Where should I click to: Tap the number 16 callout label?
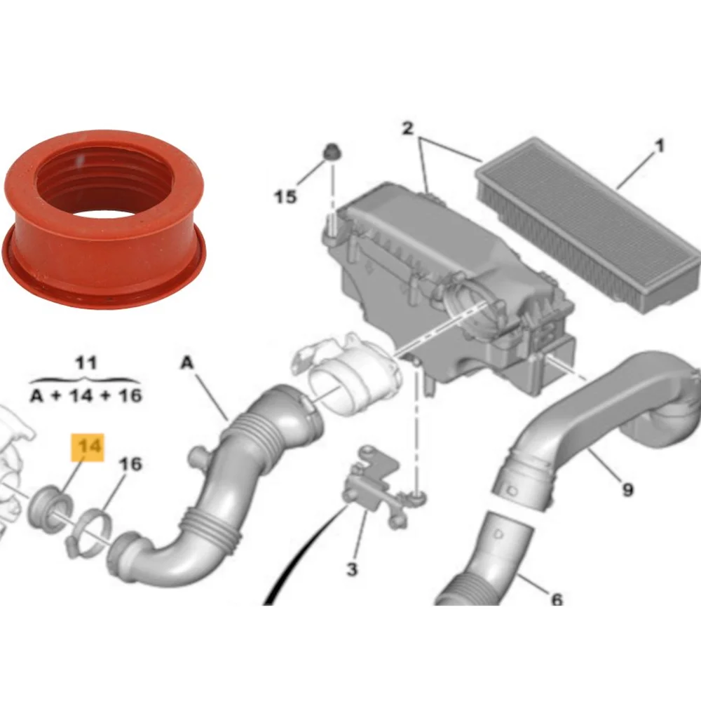point(130,463)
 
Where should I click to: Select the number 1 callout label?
point(659,147)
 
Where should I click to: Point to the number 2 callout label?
point(408,129)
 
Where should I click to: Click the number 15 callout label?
point(285,197)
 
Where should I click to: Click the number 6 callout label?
point(556,599)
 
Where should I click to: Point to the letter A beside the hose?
point(186,362)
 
